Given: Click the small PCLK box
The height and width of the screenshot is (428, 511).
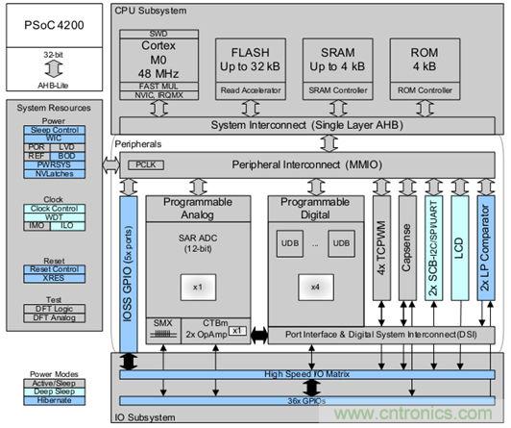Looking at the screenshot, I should (141, 165).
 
